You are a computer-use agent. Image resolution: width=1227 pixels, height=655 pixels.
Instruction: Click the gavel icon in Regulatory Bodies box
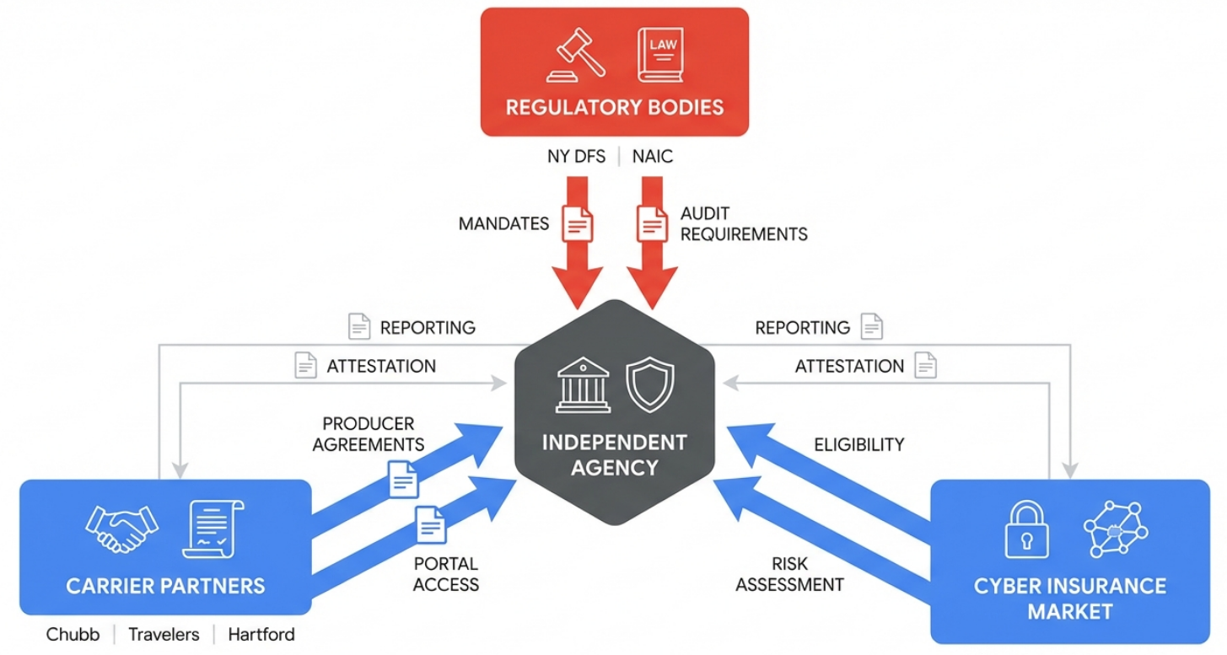pyautogui.click(x=576, y=56)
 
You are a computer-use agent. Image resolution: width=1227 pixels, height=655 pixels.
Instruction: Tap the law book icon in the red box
pyautogui.click(x=659, y=56)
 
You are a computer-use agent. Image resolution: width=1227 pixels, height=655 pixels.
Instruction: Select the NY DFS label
pyautogui.click(x=576, y=156)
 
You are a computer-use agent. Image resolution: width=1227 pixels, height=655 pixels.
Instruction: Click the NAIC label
pyautogui.click(x=653, y=156)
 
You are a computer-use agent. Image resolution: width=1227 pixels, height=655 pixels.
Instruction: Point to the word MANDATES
pyautogui.click(x=503, y=224)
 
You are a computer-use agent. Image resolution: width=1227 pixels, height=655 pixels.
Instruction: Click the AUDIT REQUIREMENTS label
pyautogui.click(x=743, y=224)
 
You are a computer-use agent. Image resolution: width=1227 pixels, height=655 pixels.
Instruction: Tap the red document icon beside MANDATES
pyautogui.click(x=578, y=224)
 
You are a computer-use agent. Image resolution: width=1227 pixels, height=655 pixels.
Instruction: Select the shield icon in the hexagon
pyautogui.click(x=650, y=384)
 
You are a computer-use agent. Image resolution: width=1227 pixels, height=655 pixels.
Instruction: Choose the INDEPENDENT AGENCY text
pyautogui.click(x=614, y=454)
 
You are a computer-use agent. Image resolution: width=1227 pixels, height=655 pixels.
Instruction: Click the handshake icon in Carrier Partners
pyautogui.click(x=121, y=528)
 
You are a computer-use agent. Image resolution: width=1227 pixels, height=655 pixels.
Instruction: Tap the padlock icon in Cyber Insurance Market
pyautogui.click(x=1026, y=529)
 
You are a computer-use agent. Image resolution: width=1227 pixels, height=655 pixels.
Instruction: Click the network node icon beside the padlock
pyautogui.click(x=1115, y=529)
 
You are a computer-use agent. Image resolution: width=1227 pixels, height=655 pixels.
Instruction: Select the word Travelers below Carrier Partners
pyautogui.click(x=164, y=634)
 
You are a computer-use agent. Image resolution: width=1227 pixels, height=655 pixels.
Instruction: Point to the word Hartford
pyautogui.click(x=261, y=634)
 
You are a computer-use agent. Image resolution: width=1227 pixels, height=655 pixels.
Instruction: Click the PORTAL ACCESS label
pyautogui.click(x=446, y=574)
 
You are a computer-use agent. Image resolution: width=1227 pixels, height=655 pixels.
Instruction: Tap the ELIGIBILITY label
pyautogui.click(x=858, y=444)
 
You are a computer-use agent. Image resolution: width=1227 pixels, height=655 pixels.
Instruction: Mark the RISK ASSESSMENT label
pyautogui.click(x=789, y=574)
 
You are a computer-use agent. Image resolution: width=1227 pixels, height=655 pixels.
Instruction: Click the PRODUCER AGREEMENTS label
pyautogui.click(x=369, y=434)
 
